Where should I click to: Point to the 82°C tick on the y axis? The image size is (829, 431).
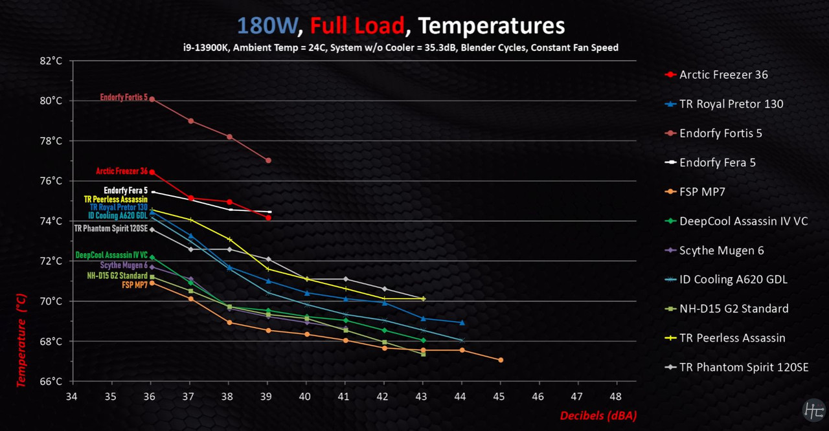click(x=51, y=61)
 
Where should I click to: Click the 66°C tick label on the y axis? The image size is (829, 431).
click(x=51, y=381)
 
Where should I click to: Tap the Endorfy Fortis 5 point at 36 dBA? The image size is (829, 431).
click(x=152, y=99)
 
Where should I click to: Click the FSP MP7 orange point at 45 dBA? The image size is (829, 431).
click(x=501, y=360)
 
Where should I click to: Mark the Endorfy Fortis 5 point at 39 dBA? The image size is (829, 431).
click(x=268, y=160)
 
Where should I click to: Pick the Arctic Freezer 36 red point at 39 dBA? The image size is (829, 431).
click(x=268, y=218)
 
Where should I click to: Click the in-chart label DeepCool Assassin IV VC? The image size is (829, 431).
click(x=111, y=256)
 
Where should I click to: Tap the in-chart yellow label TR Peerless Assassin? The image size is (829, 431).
click(x=115, y=199)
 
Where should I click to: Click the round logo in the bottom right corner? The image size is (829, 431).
click(x=813, y=410)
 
